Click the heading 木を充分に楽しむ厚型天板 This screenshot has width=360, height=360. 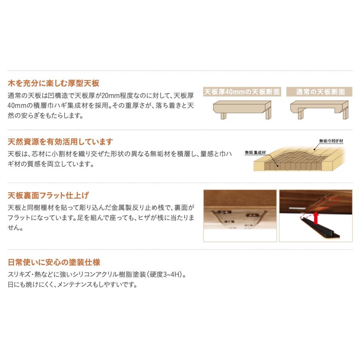coord(54,84)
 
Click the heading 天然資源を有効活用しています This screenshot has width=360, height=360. coord(60,142)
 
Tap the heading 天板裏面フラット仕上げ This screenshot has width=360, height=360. coord(48,196)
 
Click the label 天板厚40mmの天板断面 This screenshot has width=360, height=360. coord(242,92)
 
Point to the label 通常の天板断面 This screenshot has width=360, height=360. coord(320,92)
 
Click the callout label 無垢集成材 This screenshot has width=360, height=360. coord(256,153)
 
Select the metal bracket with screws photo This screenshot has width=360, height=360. coord(240,216)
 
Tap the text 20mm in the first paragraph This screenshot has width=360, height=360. coord(113,96)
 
